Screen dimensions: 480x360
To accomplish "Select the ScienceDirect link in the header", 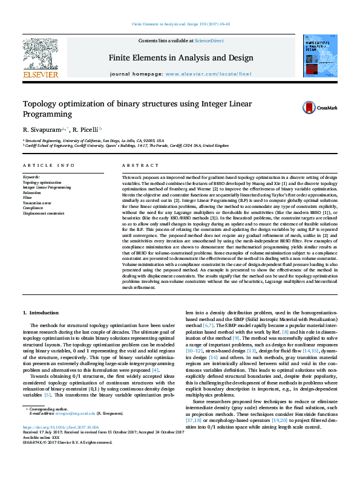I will (210, 41).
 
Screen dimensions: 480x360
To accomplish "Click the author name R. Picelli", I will (87, 129).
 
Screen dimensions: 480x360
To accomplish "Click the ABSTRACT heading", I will (136, 165).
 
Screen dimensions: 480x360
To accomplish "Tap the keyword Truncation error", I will (37, 203).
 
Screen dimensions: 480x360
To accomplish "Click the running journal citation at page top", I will (180, 24).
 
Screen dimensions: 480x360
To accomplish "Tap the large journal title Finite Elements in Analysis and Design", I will (180, 58).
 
